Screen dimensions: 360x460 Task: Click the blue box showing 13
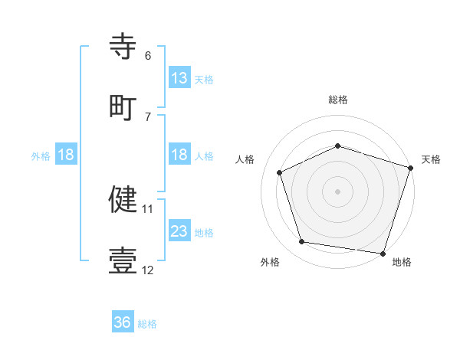[x=179, y=78]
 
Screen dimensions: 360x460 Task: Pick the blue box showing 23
[x=179, y=231]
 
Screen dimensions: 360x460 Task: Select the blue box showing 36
[x=123, y=322]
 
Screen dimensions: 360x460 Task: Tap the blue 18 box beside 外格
[x=66, y=155]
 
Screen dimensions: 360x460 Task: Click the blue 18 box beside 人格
[x=179, y=155]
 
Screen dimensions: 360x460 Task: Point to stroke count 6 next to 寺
[x=148, y=55]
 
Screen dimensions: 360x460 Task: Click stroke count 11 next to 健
[x=147, y=208]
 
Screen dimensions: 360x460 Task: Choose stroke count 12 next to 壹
[x=148, y=270]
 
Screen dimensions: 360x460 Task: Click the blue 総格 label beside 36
[x=147, y=324]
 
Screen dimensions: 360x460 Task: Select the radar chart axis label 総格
[x=338, y=100]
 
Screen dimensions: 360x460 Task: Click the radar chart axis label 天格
[x=431, y=159]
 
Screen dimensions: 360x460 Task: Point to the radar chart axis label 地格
[x=402, y=263]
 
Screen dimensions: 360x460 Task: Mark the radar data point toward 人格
[x=280, y=172]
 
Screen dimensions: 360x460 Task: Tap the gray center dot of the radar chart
[x=337, y=191]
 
